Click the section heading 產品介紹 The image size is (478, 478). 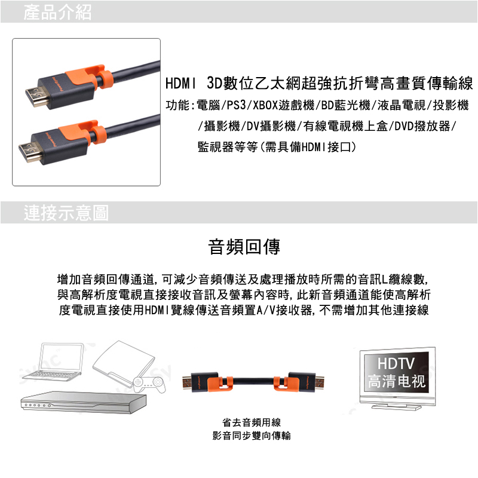tap(57, 12)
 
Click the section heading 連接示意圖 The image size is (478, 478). tap(66, 213)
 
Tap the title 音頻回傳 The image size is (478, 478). tap(244, 247)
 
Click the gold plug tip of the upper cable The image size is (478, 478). tap(36, 96)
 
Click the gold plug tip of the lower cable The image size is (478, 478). tap(29, 152)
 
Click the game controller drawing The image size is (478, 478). tap(149, 384)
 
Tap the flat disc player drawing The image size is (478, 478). tap(83, 402)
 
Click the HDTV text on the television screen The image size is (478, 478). tap(396, 363)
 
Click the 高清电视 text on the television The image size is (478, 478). tap(396, 381)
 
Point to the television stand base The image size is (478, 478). tap(396, 406)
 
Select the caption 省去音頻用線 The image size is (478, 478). tap(252, 422)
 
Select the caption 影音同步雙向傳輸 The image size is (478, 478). tap(252, 436)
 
